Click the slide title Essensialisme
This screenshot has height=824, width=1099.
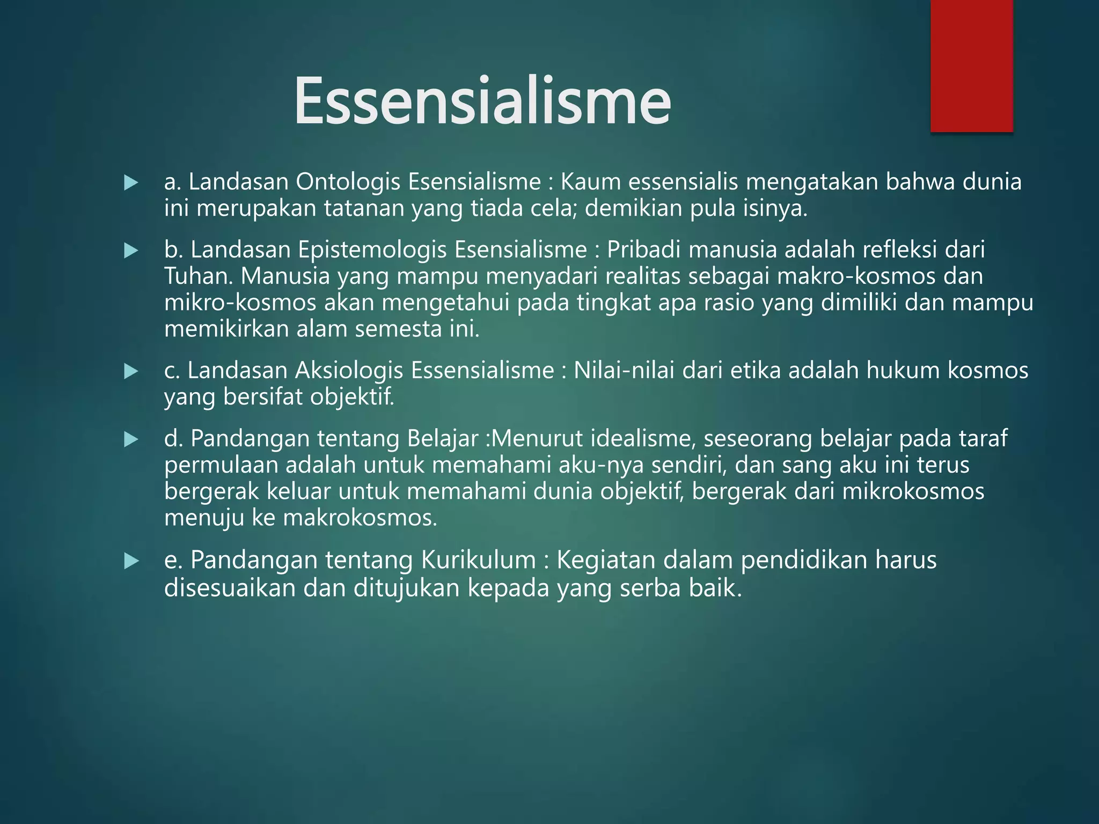point(482,101)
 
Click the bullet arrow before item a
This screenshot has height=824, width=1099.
point(130,183)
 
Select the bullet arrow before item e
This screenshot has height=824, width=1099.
point(130,561)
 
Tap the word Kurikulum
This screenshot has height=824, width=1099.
point(478,560)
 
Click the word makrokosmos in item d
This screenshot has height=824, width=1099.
point(360,518)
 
